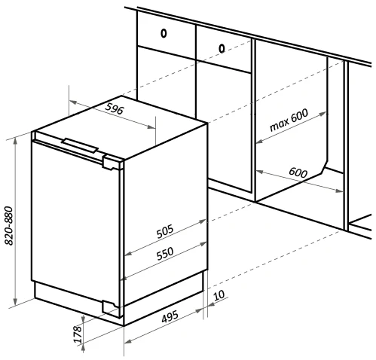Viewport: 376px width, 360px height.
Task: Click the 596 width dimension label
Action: [115, 108]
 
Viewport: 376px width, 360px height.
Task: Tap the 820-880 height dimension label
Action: [9, 226]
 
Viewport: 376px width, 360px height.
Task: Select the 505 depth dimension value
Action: [165, 231]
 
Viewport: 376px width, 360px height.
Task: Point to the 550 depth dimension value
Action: [165, 254]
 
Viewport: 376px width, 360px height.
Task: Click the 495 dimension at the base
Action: [170, 317]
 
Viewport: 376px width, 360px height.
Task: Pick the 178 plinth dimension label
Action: [78, 334]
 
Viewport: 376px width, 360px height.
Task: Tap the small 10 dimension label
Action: [219, 295]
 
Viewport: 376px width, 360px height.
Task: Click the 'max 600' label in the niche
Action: [289, 120]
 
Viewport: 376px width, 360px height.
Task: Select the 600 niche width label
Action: [298, 172]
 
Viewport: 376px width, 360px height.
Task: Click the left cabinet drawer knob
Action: [164, 33]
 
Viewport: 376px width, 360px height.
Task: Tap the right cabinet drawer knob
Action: [222, 48]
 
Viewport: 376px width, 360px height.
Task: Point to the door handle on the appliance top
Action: [80, 145]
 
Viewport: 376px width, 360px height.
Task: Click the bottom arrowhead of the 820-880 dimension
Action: [16, 301]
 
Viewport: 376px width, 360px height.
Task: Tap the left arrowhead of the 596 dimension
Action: [73, 102]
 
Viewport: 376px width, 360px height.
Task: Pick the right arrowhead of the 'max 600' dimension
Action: [323, 114]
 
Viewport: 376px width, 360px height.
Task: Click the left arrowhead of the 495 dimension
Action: [128, 341]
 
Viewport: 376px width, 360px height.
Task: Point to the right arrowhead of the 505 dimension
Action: [202, 221]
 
